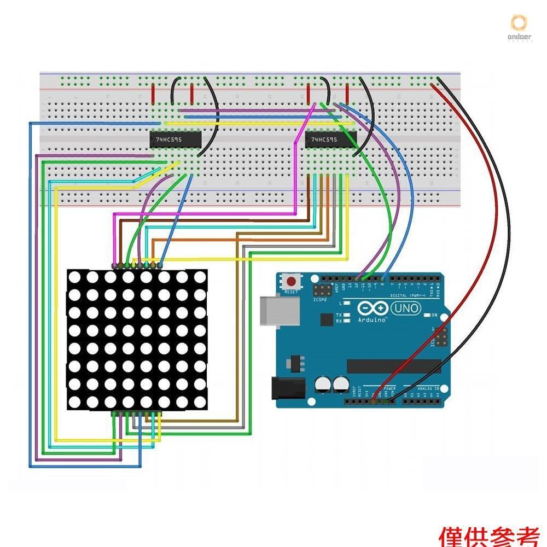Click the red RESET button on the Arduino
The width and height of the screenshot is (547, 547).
pyautogui.click(x=292, y=283)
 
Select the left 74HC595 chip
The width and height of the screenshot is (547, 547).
pyautogui.click(x=176, y=140)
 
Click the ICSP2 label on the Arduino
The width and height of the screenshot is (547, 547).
pyautogui.click(x=320, y=300)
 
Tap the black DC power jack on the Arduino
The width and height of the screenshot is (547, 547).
pyautogui.click(x=289, y=389)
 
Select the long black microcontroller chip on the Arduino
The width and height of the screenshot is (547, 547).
pyautogui.click(x=394, y=366)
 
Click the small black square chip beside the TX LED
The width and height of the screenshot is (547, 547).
pyautogui.click(x=327, y=319)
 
